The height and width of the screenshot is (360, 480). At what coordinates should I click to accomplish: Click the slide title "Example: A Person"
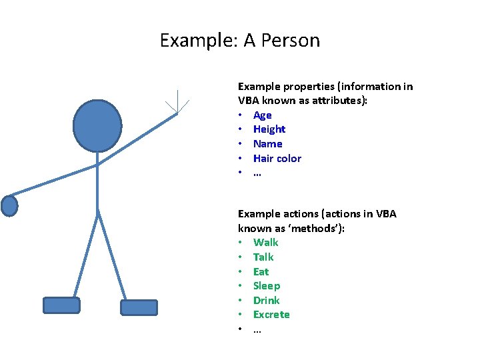click(x=240, y=41)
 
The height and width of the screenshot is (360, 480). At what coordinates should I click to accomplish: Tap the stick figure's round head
click(x=97, y=125)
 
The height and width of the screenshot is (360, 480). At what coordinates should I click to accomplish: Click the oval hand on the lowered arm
click(x=9, y=205)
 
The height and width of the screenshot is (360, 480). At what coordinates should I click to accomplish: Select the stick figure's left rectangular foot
click(x=61, y=305)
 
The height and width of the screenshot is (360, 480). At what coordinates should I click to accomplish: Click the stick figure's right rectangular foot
click(x=139, y=307)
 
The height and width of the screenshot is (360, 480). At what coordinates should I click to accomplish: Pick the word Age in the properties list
click(x=262, y=115)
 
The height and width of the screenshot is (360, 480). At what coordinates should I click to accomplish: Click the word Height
click(x=269, y=129)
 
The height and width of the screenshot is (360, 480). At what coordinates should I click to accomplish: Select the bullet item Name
click(x=267, y=144)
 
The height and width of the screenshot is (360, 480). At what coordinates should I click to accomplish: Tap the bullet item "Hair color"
click(x=277, y=159)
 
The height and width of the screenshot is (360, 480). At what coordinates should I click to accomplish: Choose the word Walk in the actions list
click(x=265, y=243)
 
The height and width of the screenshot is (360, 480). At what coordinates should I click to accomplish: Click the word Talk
click(x=263, y=257)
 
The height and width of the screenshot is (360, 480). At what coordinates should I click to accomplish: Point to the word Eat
click(x=261, y=272)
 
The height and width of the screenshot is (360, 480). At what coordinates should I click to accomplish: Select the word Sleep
click(x=267, y=286)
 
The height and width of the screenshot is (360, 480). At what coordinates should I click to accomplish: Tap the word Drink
click(x=266, y=301)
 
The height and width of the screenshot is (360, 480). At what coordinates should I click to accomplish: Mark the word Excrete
click(x=271, y=315)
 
